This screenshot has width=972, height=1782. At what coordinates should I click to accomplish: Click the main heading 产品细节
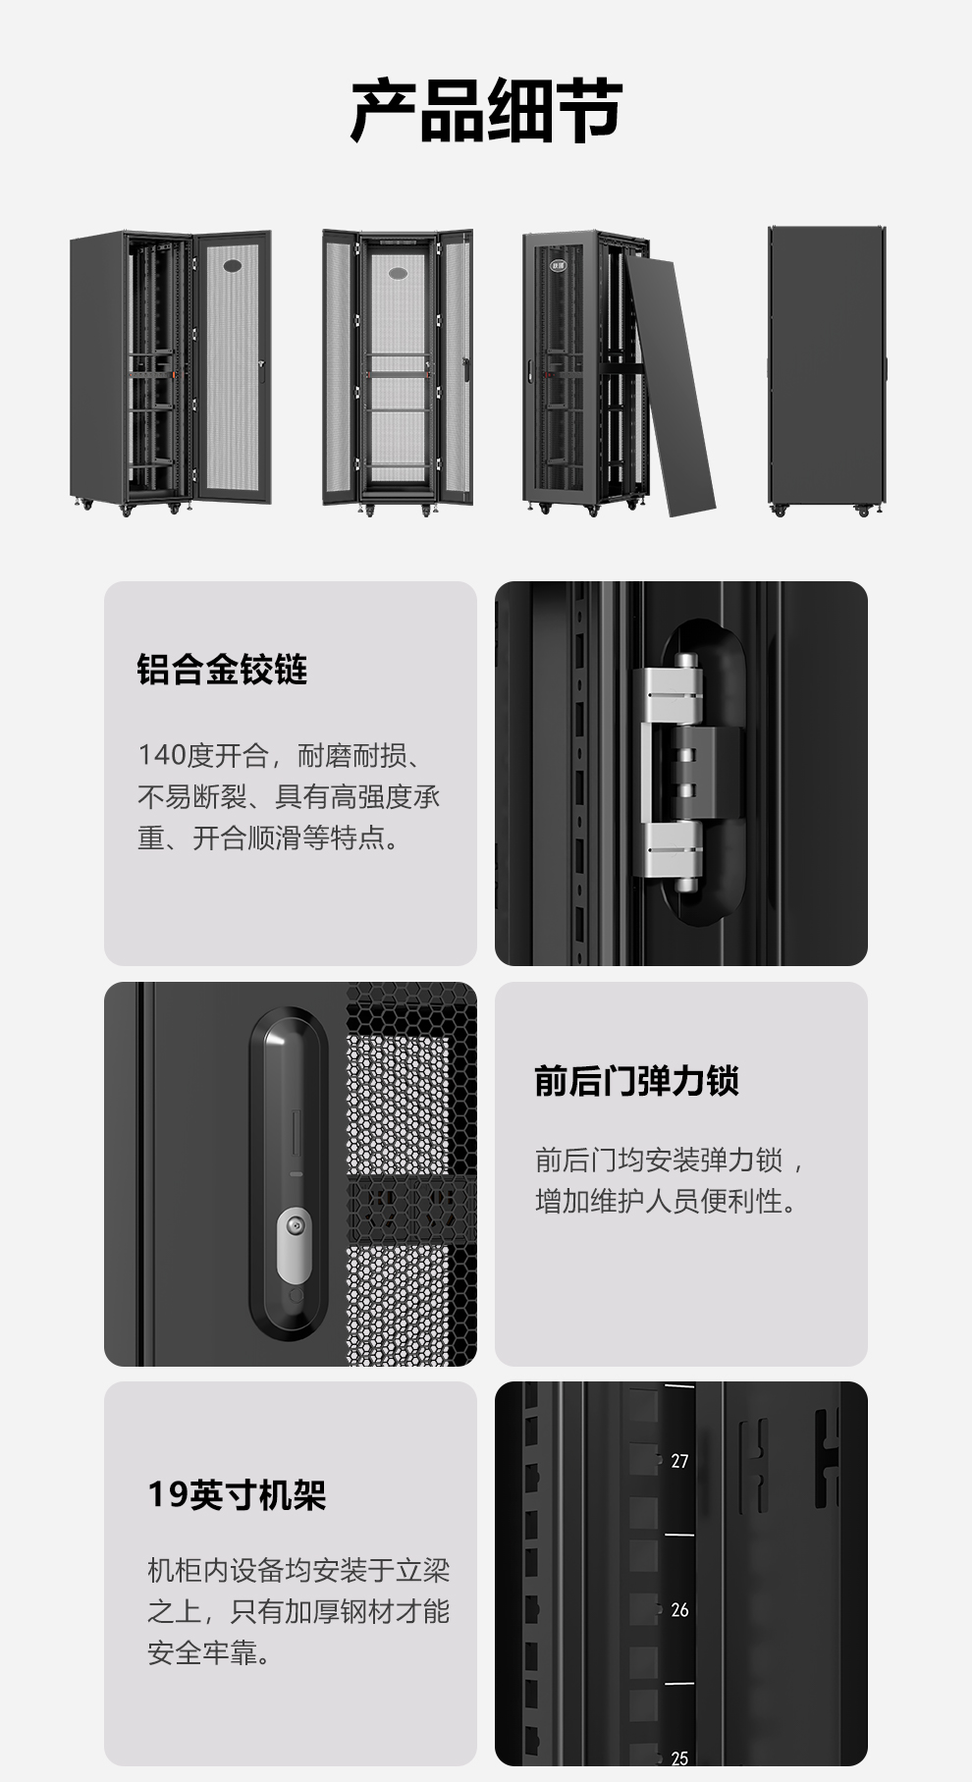tap(486, 111)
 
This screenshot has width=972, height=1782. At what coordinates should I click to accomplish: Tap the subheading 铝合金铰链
tap(222, 670)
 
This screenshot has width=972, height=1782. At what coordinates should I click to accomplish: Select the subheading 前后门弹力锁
tap(636, 1080)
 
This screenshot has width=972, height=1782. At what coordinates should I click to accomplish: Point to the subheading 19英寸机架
tap(237, 1494)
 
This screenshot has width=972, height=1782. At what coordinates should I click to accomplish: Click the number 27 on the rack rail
tap(679, 1461)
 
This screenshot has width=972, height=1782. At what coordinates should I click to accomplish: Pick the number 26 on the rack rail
tap(679, 1609)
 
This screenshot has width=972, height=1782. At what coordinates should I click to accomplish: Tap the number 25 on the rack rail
tap(679, 1758)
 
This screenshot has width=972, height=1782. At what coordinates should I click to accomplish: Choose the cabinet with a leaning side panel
tap(619, 373)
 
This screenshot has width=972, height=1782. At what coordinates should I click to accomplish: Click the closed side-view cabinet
tap(827, 371)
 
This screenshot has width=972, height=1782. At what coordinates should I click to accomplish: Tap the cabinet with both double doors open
tap(398, 372)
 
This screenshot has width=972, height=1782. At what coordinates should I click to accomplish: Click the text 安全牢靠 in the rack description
tap(208, 1653)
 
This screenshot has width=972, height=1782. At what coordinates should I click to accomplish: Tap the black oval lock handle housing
tap(289, 1174)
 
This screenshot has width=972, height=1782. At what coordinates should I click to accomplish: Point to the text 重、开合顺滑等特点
tap(267, 838)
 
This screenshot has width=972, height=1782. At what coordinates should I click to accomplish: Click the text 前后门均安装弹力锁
tap(659, 1160)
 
